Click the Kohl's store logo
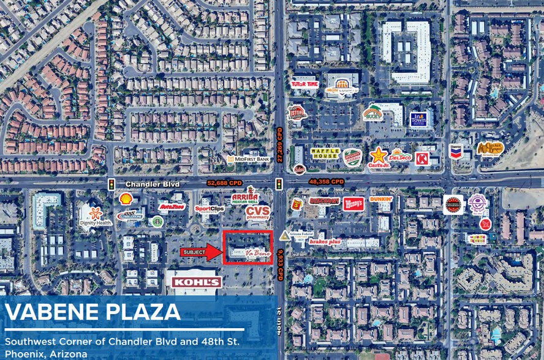click(196, 282)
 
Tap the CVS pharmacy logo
click(257, 212)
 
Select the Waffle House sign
click(325, 154)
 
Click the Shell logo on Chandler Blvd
click(126, 199)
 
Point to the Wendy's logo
click(353, 203)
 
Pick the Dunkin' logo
click(380, 199)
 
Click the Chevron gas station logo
click(455, 152)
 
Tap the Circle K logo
click(422, 159)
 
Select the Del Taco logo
click(399, 155)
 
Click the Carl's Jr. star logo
click(378, 157)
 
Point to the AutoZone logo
click(172, 208)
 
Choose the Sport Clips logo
click(210, 208)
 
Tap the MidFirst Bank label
click(248, 159)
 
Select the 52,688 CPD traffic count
click(224, 182)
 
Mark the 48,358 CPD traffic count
click(327, 182)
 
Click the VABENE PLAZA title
click(93, 312)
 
